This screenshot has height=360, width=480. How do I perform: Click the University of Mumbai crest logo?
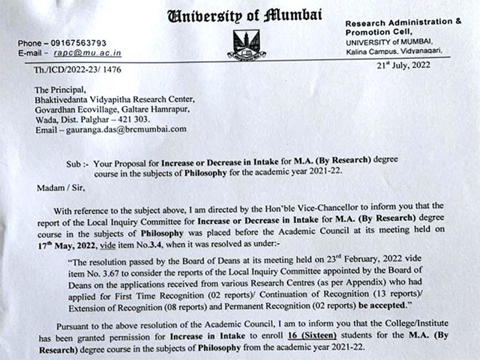coord(247,43)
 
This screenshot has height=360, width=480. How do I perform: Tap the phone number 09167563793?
coord(79,43)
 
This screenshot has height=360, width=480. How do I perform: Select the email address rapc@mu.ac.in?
coord(92,53)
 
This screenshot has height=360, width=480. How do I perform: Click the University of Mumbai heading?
coord(244,15)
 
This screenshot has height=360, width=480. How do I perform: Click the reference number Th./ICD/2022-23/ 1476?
coord(77,70)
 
